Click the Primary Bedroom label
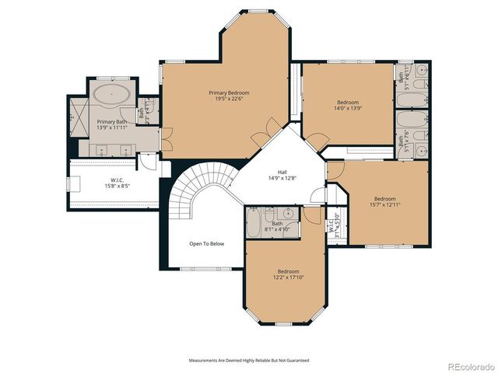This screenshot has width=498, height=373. coord(229,93)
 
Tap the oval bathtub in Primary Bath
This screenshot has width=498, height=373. coord(113,97)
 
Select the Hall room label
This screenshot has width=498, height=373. coord(282,172)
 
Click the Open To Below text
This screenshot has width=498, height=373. coord(206,244)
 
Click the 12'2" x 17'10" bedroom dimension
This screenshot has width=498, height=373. coord(288,277)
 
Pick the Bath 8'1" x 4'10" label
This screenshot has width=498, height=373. coord(278,227)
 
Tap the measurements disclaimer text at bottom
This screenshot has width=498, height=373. coord(249,361)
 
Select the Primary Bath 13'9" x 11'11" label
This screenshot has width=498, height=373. coord(111,125)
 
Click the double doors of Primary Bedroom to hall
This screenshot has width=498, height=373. coord(266,130)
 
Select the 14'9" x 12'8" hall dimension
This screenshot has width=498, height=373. coord(282,179)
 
